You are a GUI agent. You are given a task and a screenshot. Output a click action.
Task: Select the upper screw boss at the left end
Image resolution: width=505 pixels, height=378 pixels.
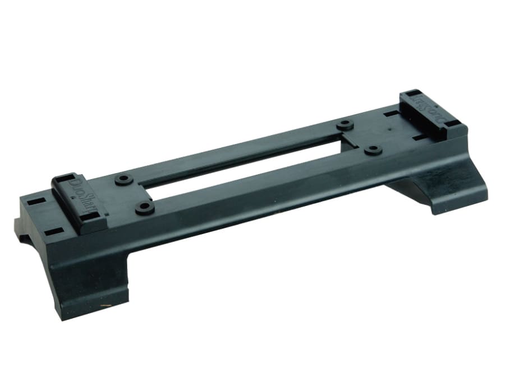(x=122, y=180)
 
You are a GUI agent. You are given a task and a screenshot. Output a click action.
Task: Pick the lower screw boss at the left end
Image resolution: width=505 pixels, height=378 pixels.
(x=145, y=208)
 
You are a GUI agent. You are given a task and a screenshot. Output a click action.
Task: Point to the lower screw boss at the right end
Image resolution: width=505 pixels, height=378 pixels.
(x=372, y=150)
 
